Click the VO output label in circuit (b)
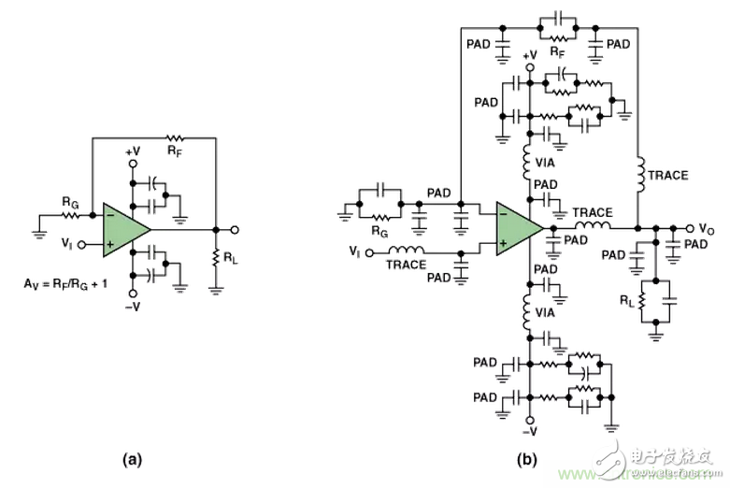[709, 227]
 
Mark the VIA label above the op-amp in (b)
[548, 161]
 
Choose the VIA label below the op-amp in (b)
[548, 314]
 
